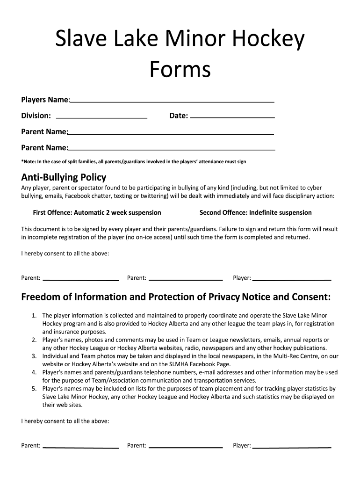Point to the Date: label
coord(179,116)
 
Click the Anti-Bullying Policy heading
coord(64,177)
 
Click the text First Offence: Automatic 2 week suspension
coord(97,212)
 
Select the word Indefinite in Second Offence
coord(265,212)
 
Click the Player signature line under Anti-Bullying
coord(292,279)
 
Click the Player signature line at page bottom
coord(292,447)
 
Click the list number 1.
coord(34,316)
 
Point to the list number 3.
coord(34,356)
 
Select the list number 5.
coord(34,389)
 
